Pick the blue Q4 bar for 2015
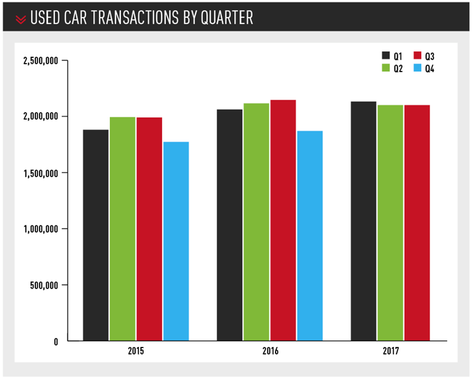click(x=176, y=241)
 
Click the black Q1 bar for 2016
click(x=230, y=225)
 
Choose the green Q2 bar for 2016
click(x=256, y=222)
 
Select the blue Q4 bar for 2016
click(x=310, y=236)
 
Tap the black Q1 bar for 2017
click(x=363, y=221)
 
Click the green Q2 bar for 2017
click(x=390, y=223)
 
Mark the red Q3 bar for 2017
click(x=417, y=223)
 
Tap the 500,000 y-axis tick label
click(x=45, y=285)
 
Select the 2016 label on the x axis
click(x=270, y=351)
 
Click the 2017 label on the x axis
click(x=390, y=351)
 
